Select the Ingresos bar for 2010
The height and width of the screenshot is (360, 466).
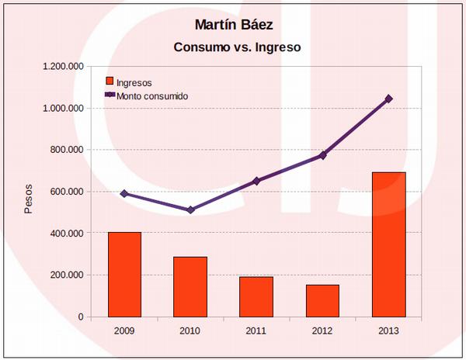pyautogui.click(x=190, y=286)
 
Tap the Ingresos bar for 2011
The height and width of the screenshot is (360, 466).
pyautogui.click(x=256, y=296)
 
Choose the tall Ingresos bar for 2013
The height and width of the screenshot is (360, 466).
pyautogui.click(x=388, y=244)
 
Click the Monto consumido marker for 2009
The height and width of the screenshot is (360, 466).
pyautogui.click(x=124, y=193)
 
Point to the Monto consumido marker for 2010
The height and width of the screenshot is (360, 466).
pyautogui.click(x=190, y=209)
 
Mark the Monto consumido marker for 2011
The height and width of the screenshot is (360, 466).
pyautogui.click(x=256, y=181)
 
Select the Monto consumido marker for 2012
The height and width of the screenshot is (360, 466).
pyautogui.click(x=322, y=155)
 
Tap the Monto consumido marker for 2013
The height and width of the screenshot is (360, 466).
pyautogui.click(x=388, y=99)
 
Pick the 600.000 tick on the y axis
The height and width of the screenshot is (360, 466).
pyautogui.click(x=65, y=192)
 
